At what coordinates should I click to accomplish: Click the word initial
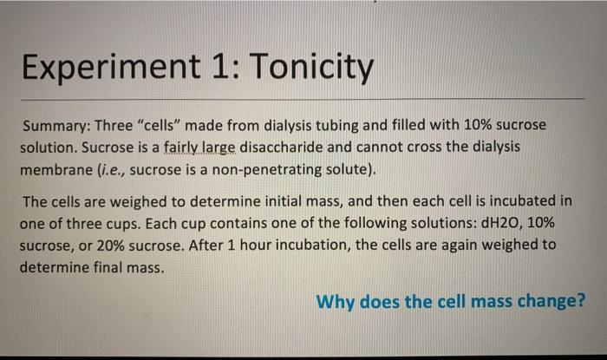click(285, 201)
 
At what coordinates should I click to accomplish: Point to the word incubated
click(519, 201)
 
